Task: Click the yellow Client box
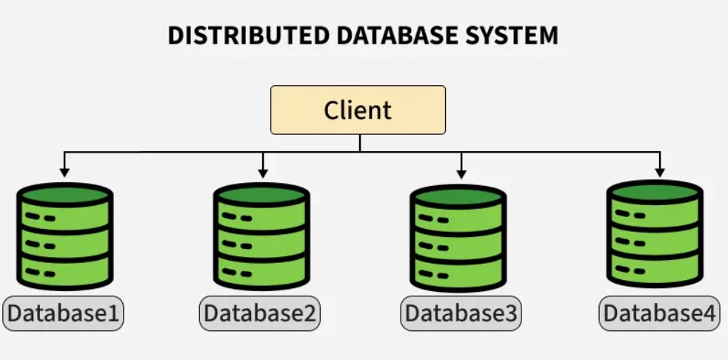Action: point(358,110)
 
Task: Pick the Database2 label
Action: point(260,314)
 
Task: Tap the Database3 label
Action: point(461,314)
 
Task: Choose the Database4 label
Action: point(659,314)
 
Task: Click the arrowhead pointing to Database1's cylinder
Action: point(64,172)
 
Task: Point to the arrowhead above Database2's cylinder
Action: point(262,172)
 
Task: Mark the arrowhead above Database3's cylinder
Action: point(461,172)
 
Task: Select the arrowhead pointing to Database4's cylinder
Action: point(659,172)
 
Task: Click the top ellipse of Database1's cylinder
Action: point(64,196)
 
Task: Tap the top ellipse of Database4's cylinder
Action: point(654,193)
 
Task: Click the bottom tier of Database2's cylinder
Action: point(261,270)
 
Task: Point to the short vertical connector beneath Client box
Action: point(360,143)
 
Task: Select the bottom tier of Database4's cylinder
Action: point(654,268)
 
